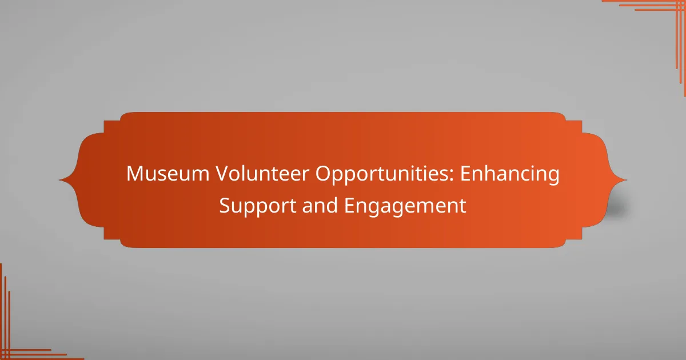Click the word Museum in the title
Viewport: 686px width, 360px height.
point(168,174)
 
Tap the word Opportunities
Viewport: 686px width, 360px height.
point(382,175)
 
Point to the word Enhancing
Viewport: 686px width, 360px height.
point(510,175)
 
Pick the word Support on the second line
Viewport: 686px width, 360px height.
point(258,207)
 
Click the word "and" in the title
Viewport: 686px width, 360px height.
point(320,205)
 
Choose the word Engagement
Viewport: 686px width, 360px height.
point(405,207)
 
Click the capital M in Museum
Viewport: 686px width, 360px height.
point(135,174)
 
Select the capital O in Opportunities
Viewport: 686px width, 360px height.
point(324,174)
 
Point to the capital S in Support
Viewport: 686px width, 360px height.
point(225,205)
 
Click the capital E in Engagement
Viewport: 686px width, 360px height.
point(349,205)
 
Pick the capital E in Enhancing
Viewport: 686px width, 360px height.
point(465,174)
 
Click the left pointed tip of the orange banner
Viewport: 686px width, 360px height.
point(59,180)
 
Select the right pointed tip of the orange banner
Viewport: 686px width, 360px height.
point(627,180)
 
